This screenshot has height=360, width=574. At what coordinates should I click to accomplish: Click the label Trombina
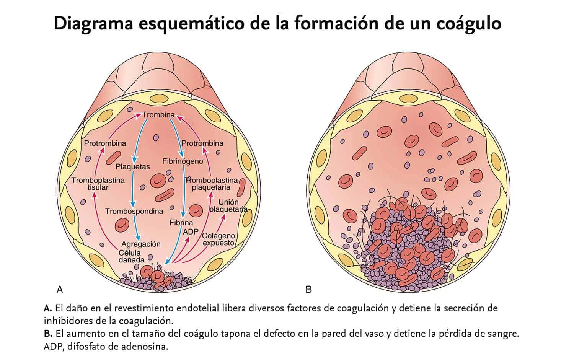coord(158,115)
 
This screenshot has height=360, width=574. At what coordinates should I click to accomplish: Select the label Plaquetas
coord(133,167)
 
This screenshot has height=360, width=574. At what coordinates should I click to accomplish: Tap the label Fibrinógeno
coord(183,161)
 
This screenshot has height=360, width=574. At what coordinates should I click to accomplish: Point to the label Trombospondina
coord(134,211)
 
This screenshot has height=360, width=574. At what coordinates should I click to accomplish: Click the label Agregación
coord(141,244)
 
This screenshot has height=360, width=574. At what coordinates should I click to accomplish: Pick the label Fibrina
coord(181,223)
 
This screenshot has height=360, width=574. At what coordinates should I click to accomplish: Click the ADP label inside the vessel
coord(191,231)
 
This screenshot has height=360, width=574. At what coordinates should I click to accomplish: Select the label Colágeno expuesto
coord(219,239)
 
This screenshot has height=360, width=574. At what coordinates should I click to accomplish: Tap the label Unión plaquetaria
coord(228,206)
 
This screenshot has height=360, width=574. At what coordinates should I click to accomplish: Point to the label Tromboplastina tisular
coord(98,184)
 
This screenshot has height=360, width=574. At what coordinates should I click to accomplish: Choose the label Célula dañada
coord(130,256)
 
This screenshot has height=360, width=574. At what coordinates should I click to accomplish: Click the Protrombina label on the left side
coord(105,143)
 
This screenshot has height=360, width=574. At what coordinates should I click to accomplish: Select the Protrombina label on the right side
coord(202,143)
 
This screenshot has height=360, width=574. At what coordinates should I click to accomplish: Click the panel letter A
coord(60,290)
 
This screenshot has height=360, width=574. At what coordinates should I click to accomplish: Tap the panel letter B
coord(308,290)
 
